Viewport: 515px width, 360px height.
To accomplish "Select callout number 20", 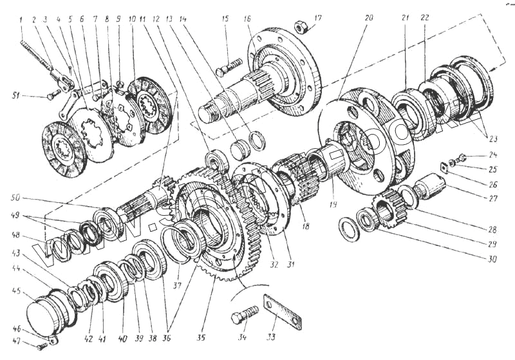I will tap(368, 18).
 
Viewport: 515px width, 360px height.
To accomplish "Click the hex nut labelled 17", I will tap(299, 27).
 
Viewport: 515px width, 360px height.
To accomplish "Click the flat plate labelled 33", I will tap(283, 312).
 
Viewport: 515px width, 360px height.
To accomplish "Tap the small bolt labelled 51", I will tap(51, 97).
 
